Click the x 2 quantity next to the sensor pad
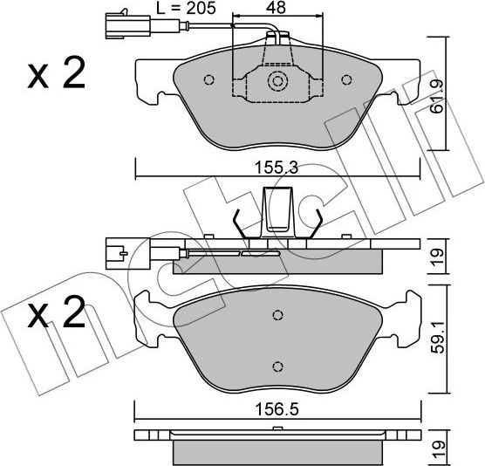tap(56, 74)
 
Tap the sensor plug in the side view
tap(113, 253)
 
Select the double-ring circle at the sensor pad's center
tap(277, 82)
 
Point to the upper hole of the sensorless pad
tap(277, 316)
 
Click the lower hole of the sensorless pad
tap(277, 366)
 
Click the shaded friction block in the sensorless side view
tap(277, 451)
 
